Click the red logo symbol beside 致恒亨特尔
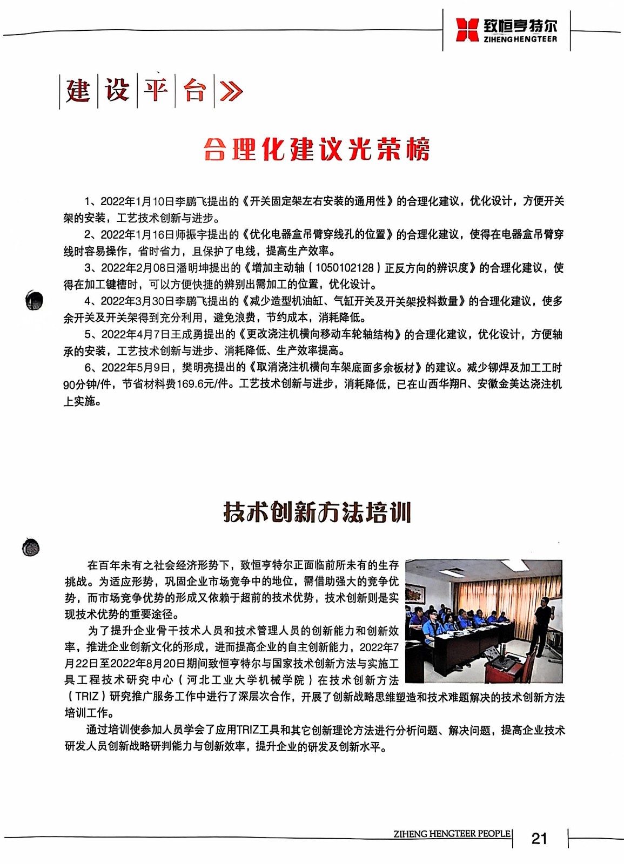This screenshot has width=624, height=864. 467,30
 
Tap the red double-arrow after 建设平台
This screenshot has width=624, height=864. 231,91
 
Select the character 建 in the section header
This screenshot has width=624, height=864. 78,90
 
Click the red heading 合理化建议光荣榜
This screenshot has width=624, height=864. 317,150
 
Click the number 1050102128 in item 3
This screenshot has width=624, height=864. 344,268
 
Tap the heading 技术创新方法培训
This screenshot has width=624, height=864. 317,512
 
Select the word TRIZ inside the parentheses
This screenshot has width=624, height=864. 87,697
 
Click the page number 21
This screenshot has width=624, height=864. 539,839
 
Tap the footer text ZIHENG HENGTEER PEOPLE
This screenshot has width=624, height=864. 452,834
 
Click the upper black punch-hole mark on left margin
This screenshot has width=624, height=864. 35,300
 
